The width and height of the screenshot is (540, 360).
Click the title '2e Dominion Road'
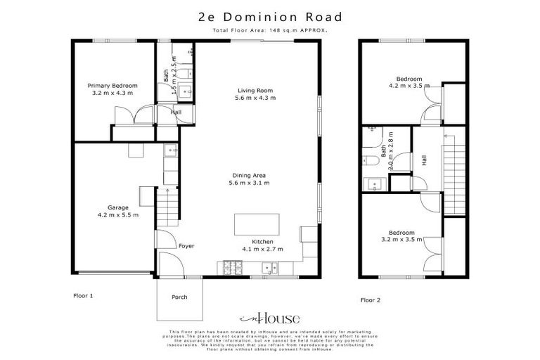270,17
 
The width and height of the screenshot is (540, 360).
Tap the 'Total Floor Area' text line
270,31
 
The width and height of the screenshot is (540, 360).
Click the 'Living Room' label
255,90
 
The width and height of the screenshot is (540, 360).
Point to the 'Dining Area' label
250,175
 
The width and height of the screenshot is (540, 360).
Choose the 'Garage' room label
117,207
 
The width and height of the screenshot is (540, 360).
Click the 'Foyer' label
186,246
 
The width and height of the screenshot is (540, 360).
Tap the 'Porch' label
179,297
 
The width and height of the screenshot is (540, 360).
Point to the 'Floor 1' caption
84,296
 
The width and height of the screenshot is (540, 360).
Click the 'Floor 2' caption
371,300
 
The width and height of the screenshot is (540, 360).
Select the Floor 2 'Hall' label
424,160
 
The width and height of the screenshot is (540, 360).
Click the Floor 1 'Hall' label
176,112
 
